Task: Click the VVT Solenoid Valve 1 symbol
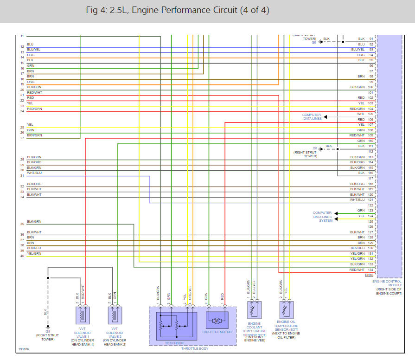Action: pos(83,315)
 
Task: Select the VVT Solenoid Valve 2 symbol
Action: pos(115,315)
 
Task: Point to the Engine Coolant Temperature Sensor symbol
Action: pos(254,310)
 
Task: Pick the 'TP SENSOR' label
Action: pos(174,343)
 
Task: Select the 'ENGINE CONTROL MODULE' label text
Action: pos(388,283)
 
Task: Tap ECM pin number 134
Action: pos(370,270)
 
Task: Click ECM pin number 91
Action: pos(371,39)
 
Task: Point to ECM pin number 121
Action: pos(370,200)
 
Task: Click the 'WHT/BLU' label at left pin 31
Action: pos(34,173)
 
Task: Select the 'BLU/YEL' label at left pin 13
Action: pos(33,50)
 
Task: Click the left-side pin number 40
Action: pos(22,256)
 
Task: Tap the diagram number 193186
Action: pos(24,348)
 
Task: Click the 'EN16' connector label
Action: pos(369,275)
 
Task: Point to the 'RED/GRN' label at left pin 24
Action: pos(34,109)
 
